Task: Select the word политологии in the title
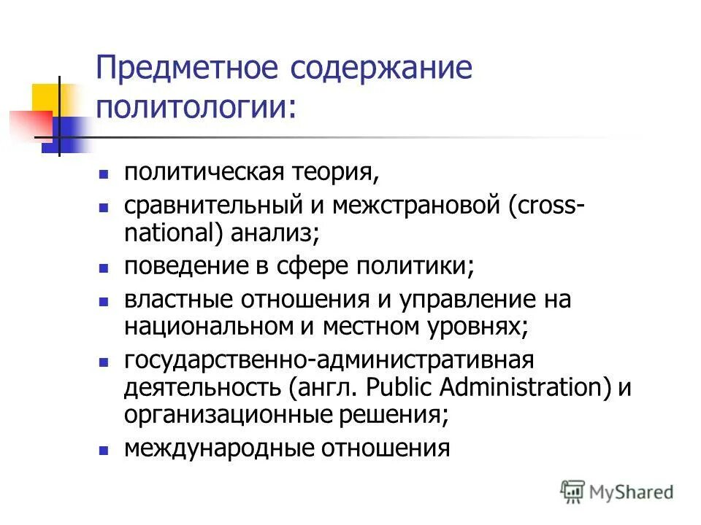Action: [x=193, y=108]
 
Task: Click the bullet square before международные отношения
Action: [x=104, y=450]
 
